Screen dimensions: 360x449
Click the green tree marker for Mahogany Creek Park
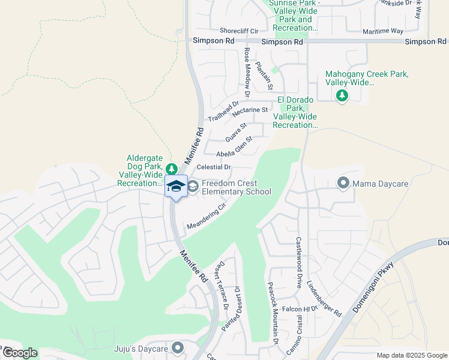point(342,95)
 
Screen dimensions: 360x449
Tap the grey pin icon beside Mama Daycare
point(343,182)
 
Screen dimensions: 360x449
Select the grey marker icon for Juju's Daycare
point(177,347)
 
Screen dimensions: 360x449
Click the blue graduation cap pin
point(176,187)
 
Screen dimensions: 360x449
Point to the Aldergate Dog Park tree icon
point(172,169)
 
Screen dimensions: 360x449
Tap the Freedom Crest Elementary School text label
point(237,188)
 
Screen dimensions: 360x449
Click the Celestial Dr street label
point(214,167)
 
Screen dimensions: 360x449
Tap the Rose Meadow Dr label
point(247,73)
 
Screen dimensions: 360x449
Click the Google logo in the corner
point(19,353)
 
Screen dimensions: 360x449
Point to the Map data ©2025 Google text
point(411,355)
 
